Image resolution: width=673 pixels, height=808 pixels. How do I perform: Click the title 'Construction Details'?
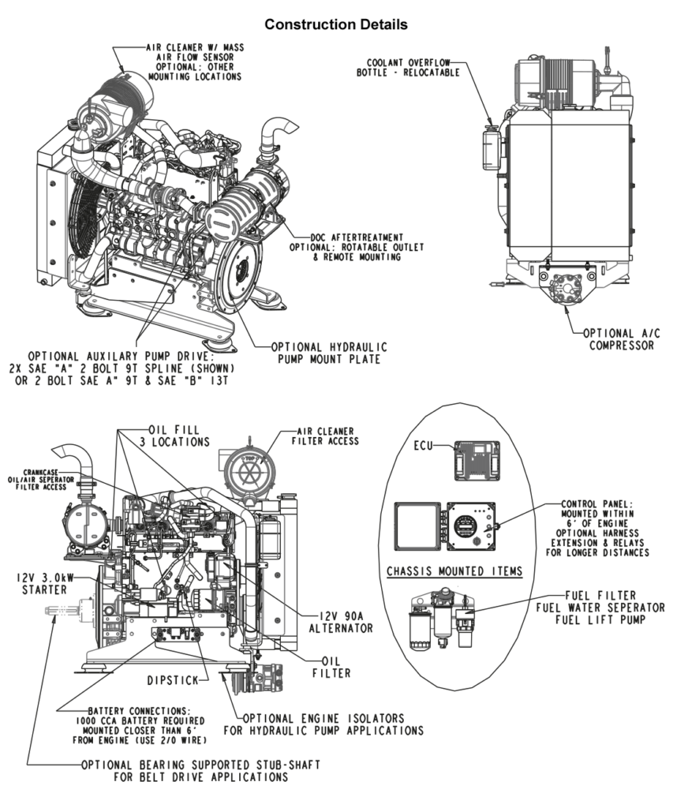coord(336,25)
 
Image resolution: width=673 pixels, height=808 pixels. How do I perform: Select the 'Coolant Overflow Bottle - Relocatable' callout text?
coord(408,65)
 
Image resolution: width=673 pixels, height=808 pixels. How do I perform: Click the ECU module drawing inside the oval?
coord(477,459)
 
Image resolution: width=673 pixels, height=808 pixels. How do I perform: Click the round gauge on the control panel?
coord(465,525)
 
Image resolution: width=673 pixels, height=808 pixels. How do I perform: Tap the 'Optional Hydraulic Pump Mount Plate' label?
coord(325,352)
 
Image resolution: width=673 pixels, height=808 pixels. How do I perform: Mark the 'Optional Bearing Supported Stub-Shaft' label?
coord(199,770)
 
